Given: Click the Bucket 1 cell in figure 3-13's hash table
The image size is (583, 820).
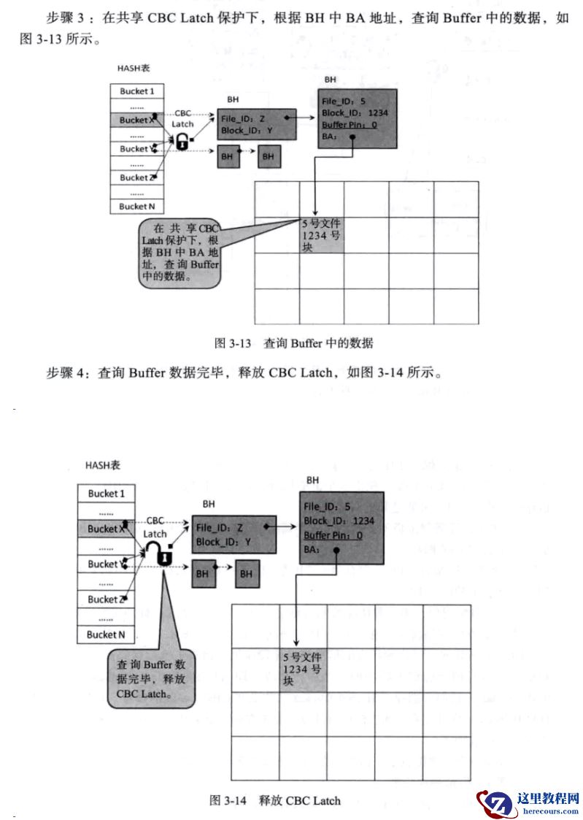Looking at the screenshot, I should [x=137, y=91].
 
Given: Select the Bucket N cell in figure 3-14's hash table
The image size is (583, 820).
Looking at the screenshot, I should [x=107, y=635].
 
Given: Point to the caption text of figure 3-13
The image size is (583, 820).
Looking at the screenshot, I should [x=293, y=342].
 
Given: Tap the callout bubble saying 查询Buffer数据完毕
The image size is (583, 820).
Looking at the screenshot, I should [x=151, y=679].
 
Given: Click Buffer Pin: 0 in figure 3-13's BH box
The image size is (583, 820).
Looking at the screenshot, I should [x=350, y=125].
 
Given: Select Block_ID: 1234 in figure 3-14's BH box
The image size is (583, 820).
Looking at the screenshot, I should [x=339, y=521].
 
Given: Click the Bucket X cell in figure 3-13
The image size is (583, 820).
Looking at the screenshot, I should [x=137, y=120].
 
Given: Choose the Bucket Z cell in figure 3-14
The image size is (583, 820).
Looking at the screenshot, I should [x=107, y=599].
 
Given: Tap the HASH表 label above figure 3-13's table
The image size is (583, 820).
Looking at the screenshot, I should [x=134, y=69].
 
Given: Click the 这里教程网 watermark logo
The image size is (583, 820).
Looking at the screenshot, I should [x=528, y=802].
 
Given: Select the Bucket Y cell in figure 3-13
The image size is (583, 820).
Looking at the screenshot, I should [x=137, y=149].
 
